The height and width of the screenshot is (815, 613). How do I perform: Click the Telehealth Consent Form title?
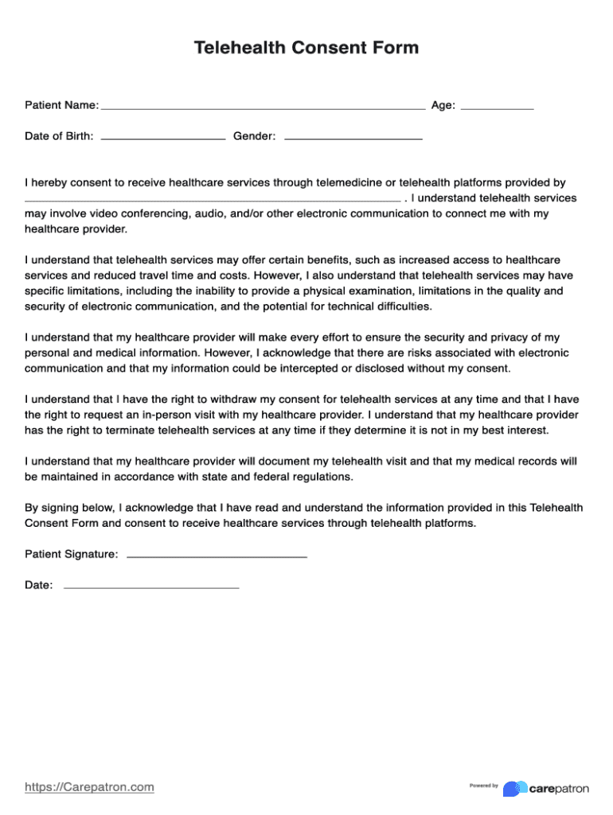click(306, 48)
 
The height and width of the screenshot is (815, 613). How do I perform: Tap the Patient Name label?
click(61, 105)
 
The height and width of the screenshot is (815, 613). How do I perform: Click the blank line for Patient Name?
click(263, 107)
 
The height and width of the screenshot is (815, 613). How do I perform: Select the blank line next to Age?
click(498, 107)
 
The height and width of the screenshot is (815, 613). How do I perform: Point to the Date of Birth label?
click(59, 136)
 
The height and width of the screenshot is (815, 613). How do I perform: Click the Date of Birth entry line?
click(163, 138)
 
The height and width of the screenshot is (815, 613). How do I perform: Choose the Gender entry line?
click(353, 138)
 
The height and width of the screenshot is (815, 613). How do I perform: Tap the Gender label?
click(254, 136)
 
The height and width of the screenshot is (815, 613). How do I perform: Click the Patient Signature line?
click(217, 556)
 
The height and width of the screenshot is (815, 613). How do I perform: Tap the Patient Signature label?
click(72, 554)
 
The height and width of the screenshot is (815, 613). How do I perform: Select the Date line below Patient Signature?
click(151, 587)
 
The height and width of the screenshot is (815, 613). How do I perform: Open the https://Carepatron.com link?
click(89, 787)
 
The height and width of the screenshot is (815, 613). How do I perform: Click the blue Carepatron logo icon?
click(515, 788)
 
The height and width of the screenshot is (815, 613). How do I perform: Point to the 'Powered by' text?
click(483, 786)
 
